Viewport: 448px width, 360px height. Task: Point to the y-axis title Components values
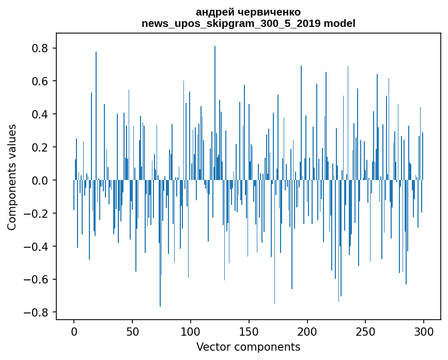[x=12, y=177]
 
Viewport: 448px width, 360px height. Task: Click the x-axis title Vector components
[x=248, y=347]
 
